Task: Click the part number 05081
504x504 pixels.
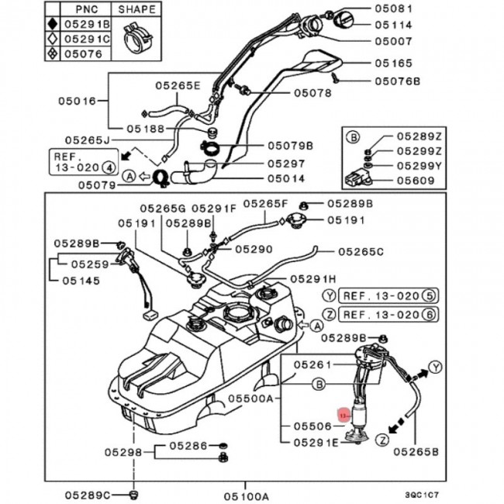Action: tap(418, 9)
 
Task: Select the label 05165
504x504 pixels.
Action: tap(418, 60)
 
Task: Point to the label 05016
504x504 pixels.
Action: tap(78, 100)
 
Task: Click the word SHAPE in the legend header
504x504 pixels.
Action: tap(137, 9)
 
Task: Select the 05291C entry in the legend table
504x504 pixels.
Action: tap(87, 39)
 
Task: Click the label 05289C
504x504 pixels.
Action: tap(88, 495)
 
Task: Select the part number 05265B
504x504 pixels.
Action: tap(417, 450)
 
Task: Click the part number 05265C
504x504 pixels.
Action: tap(361, 251)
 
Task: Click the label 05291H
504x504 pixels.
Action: tap(313, 278)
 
